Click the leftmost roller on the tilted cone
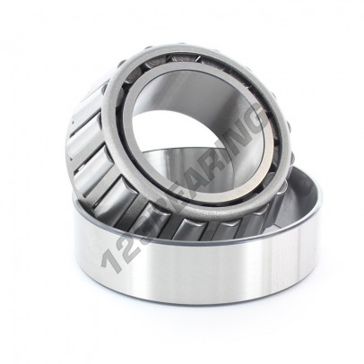point(78,143)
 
